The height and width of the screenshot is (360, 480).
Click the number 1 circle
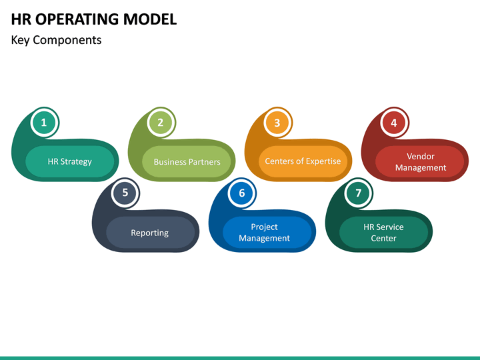pyautogui.click(x=44, y=123)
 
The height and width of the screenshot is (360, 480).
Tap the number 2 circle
pyautogui.click(x=161, y=123)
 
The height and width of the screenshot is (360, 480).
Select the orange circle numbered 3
pyautogui.click(x=277, y=123)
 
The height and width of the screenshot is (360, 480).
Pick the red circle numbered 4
pyautogui.click(x=394, y=123)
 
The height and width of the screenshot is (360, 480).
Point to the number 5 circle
pyautogui.click(x=125, y=193)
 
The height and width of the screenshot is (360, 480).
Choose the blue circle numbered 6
pyautogui.click(x=241, y=193)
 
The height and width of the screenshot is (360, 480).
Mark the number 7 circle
pyautogui.click(x=358, y=193)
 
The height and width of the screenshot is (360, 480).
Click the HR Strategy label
pyautogui.click(x=70, y=161)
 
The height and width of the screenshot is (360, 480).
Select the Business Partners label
pyautogui.click(x=187, y=162)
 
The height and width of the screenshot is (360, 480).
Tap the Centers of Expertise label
pyautogui.click(x=303, y=161)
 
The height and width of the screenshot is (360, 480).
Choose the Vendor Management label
pyautogui.click(x=420, y=162)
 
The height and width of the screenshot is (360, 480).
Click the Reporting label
pyautogui.click(x=150, y=233)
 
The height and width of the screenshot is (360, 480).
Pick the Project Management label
pyautogui.click(x=265, y=233)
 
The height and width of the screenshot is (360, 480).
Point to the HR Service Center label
pyautogui.click(x=383, y=233)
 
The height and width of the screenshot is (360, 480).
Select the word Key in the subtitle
pyautogui.click(x=21, y=40)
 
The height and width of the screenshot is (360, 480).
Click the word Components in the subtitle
pyautogui.click(x=67, y=41)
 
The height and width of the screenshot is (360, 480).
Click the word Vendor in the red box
pyautogui.click(x=421, y=157)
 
